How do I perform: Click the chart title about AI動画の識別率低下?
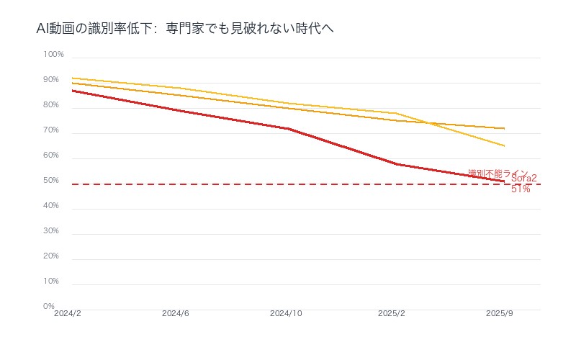[184, 29]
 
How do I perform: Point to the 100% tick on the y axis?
[54, 55]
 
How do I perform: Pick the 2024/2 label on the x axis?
[68, 314]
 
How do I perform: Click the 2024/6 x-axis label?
[176, 314]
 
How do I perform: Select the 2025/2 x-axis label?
[392, 314]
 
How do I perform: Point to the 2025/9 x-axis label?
[499, 314]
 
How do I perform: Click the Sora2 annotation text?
[523, 179]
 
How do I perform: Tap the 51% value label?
[521, 189]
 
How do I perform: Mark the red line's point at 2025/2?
[396, 164]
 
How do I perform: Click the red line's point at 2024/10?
[288, 129]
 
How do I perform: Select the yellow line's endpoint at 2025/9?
[504, 146]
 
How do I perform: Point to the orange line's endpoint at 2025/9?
[504, 128]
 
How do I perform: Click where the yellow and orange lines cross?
[429, 122]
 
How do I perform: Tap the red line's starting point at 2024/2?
[72, 91]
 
